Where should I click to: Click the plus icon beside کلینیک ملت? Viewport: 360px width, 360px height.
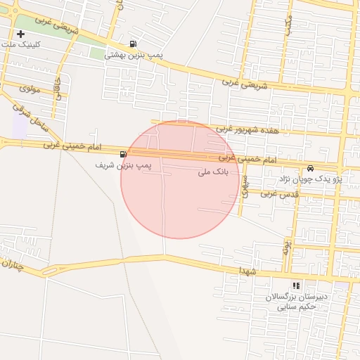tap(21, 34)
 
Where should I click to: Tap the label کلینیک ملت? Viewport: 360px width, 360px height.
tap(22, 44)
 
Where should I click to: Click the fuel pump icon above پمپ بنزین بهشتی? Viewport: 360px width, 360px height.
tap(134, 43)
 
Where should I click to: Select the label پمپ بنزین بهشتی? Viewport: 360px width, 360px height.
tap(134, 54)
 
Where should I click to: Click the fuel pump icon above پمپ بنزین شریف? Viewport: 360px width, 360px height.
tap(124, 154)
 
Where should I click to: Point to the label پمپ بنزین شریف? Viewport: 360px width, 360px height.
tap(124, 165)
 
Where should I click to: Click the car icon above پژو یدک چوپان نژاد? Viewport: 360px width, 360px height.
tap(310, 168)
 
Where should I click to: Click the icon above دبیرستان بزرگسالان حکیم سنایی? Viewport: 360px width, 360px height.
tap(296, 285)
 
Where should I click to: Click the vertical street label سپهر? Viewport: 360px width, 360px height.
tap(245, 184)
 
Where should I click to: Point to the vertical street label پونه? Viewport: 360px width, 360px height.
tap(288, 245)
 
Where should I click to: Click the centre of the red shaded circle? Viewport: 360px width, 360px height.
tap(180, 179)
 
